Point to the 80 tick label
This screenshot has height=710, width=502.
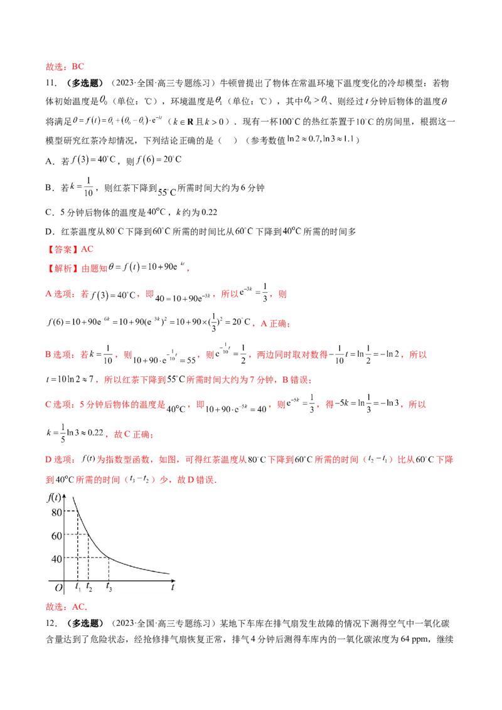pos(56,512)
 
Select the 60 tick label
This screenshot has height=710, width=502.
pos(56,535)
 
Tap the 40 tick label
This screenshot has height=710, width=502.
pos(56,558)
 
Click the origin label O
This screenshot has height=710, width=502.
pos(58,588)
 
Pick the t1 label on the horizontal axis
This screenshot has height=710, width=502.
pos(78,587)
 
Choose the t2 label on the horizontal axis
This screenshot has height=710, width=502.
pos(89,587)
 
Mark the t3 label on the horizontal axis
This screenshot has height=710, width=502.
pos(110,587)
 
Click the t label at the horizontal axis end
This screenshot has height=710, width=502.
pos(173,588)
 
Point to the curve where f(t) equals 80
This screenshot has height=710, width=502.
pos(77,511)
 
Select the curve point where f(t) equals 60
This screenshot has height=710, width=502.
pos(88,534)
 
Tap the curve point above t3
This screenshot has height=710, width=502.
pos(109,558)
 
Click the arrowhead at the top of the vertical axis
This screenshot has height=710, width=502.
pos(66,495)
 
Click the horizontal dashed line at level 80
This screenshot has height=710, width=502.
pos(71,511)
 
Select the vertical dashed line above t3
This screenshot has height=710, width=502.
pos(109,569)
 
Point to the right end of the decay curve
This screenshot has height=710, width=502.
pos(169,573)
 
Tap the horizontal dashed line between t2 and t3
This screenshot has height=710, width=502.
pos(99,558)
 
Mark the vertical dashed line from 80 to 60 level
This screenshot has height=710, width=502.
pos(77,523)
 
